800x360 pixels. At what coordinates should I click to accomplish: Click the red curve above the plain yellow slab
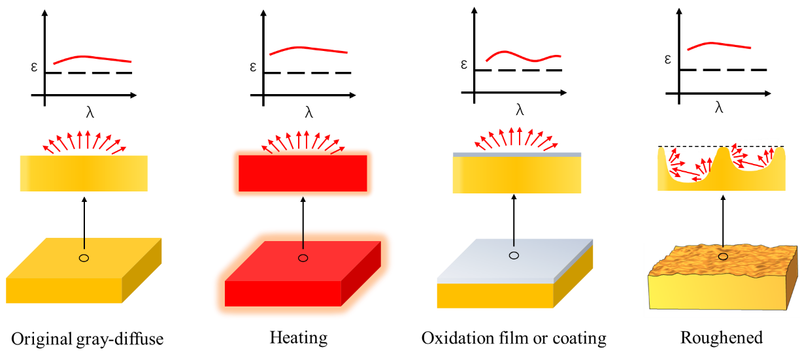pyautogui.click(x=92, y=58)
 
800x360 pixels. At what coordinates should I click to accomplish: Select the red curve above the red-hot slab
pyautogui.click(x=307, y=48)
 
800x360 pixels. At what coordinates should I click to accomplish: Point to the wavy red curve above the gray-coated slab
pyautogui.click(x=523, y=57)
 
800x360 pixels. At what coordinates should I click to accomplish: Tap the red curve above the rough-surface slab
pyautogui.click(x=719, y=44)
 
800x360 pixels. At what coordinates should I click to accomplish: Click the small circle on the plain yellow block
pyautogui.click(x=84, y=258)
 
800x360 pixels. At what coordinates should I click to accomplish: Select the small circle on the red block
pyautogui.click(x=303, y=258)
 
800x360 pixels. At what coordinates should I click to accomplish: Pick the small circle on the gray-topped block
pyautogui.click(x=514, y=255)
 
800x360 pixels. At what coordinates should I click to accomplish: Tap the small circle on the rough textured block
pyautogui.click(x=723, y=257)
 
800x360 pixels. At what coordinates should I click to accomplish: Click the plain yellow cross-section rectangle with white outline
pyautogui.click(x=84, y=174)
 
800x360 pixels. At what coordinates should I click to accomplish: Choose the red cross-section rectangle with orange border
pyautogui.click(x=303, y=173)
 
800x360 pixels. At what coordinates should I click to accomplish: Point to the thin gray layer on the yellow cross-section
pyautogui.click(x=516, y=155)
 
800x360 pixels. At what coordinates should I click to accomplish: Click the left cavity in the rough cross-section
pyautogui.click(x=686, y=167)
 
